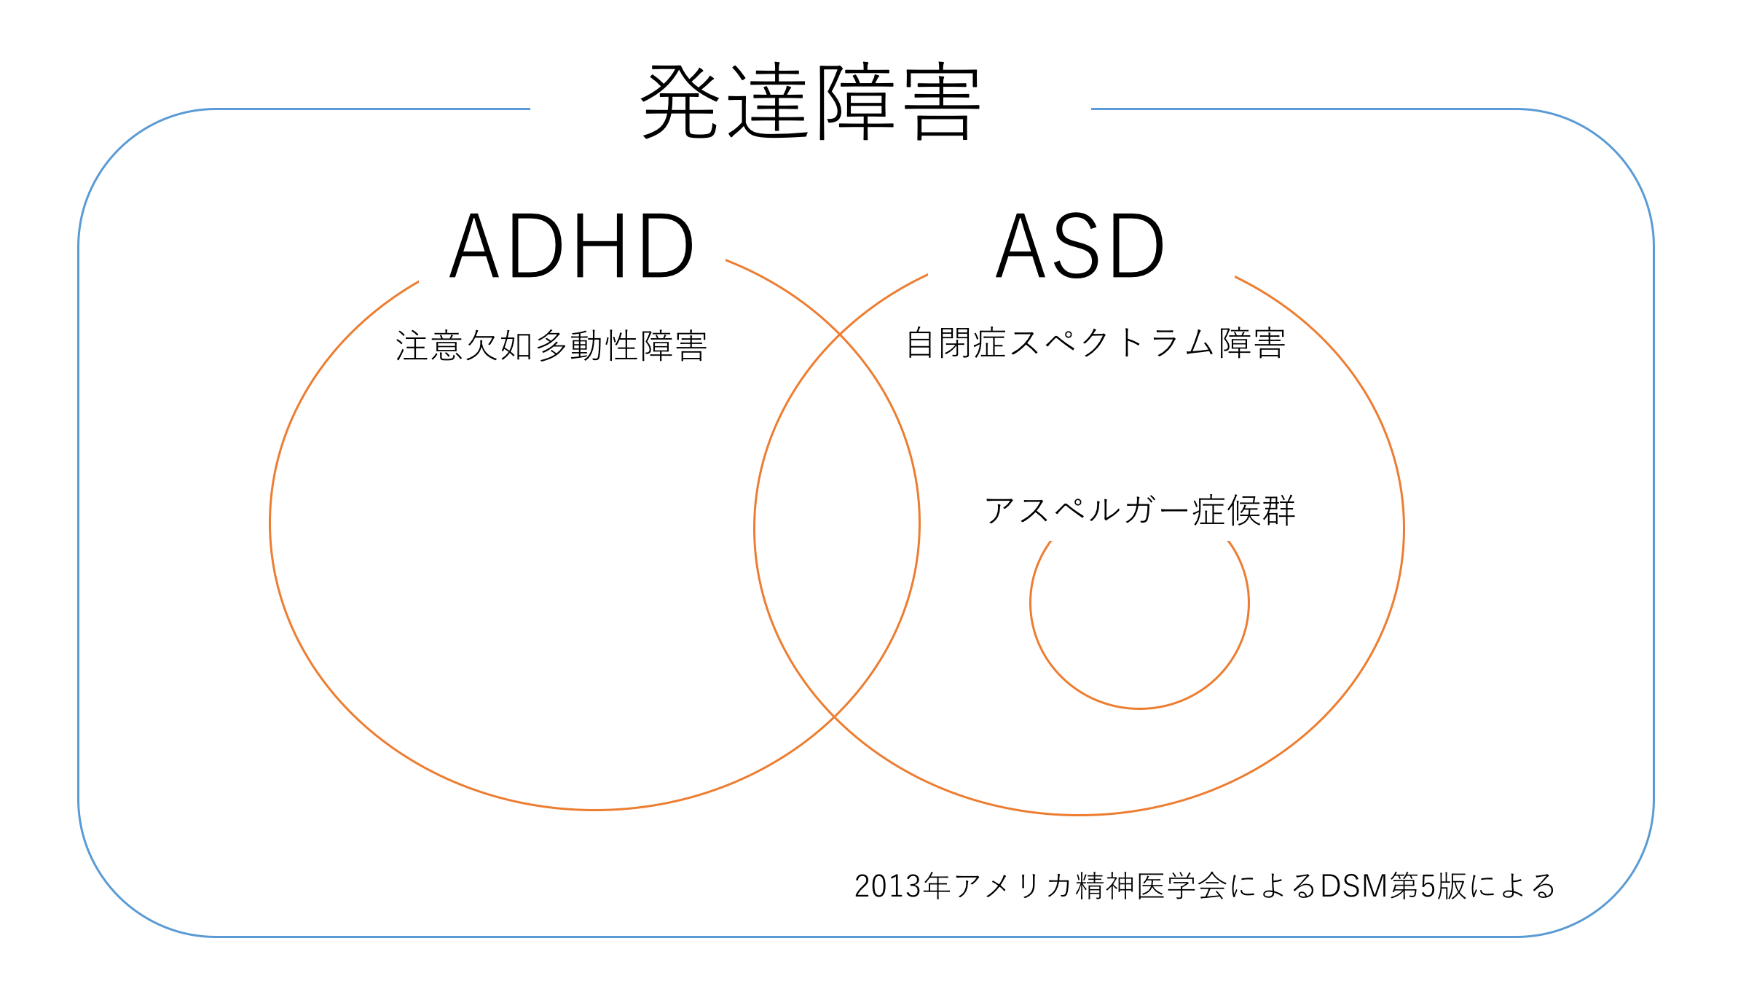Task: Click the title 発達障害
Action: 810,102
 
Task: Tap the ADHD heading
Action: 571,246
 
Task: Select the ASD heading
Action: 1080,246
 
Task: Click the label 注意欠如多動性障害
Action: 551,345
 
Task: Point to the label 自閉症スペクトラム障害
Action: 1096,343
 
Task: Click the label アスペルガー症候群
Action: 1140,510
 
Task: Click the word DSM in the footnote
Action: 1354,886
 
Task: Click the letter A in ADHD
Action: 474,246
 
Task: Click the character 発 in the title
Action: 680,102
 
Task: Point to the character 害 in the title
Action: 942,102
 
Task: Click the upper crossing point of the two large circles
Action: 840,335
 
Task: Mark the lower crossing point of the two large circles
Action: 834,717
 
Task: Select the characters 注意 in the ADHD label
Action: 430,345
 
